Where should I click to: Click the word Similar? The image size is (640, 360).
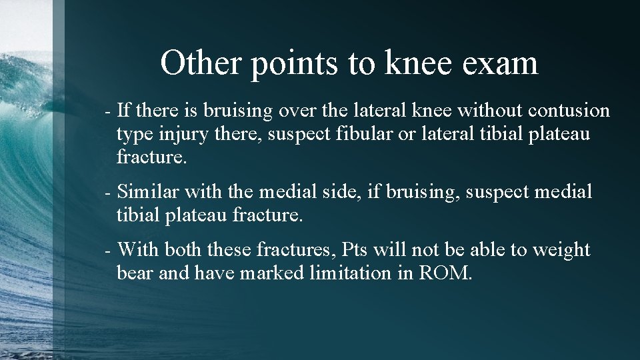click(148, 192)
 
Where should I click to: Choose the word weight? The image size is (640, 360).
click(559, 251)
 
